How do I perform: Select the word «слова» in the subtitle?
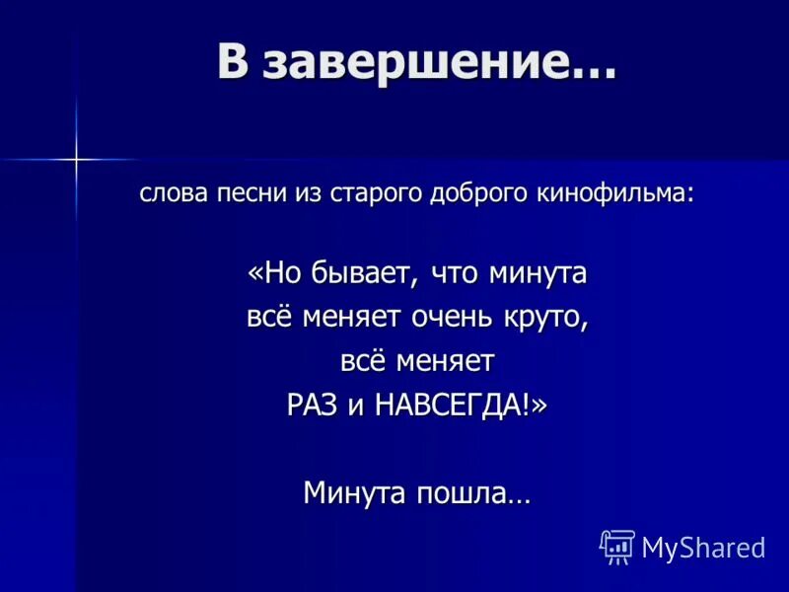coord(174,192)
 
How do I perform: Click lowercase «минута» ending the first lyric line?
coord(538,273)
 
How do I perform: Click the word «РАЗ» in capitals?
coord(313,406)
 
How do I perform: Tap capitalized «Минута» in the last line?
coord(354,490)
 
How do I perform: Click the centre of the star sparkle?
coord(75,158)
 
